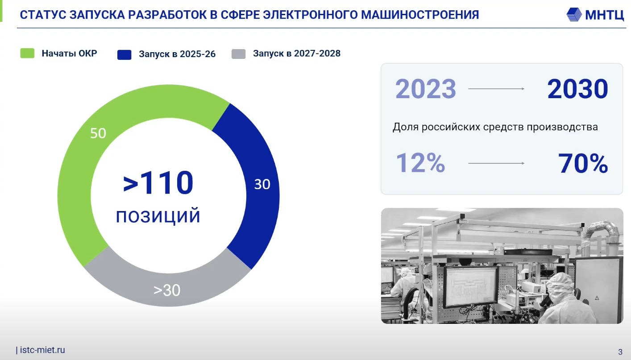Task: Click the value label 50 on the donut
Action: pos(98,133)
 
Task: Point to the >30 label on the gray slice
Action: pos(167,290)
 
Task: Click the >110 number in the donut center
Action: pos(158,182)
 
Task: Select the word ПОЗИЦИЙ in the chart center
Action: pos(158,216)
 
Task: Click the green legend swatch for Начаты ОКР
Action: pos(27,53)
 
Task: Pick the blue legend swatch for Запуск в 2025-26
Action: pos(124,55)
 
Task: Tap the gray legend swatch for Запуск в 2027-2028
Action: pos(239,54)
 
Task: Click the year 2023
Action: pos(425,89)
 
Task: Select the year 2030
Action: pos(577,89)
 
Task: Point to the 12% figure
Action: pos(420,163)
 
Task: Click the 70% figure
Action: pos(583,163)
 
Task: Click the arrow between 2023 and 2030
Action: pos(496,89)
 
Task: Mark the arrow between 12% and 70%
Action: pos(496,163)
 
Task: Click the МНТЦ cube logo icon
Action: pos(574,14)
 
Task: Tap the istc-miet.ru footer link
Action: pos(42,350)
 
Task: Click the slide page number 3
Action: pos(620,352)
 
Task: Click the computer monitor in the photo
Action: pos(470,286)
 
